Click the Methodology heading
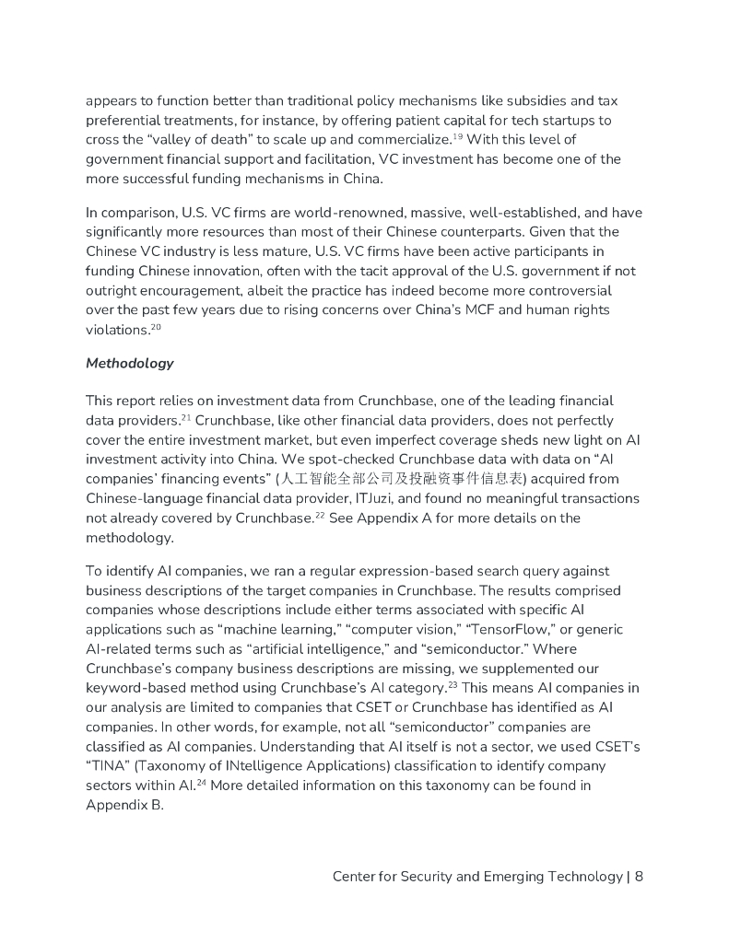[x=129, y=363]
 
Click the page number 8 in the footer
[x=639, y=876]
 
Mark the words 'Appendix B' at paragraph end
[x=124, y=805]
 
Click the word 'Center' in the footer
[x=357, y=876]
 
